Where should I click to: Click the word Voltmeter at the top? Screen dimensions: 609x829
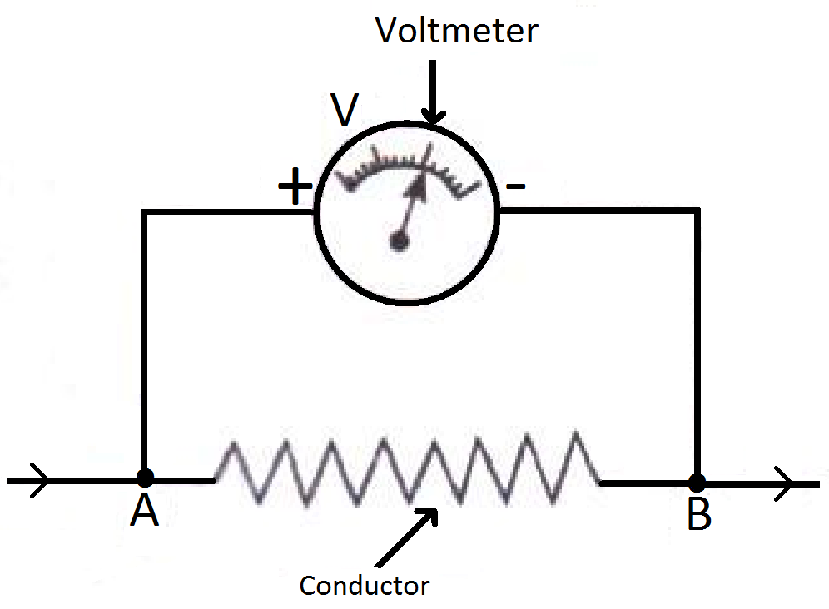[457, 31]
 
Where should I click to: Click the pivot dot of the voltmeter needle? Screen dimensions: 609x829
[400, 241]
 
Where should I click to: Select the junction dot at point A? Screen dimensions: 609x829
[145, 478]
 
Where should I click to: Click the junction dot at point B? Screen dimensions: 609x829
[697, 482]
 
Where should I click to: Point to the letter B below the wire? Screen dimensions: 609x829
[698, 516]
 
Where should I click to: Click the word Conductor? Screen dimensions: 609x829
[364, 585]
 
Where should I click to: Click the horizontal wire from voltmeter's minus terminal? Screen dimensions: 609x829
[599, 212]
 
